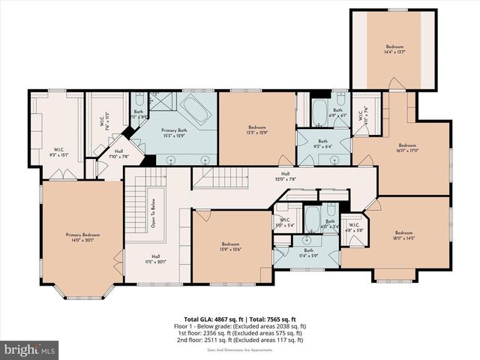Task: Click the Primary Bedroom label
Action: coord(82,237)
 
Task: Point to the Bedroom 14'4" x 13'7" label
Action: coord(394,49)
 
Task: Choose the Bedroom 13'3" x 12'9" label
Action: coord(257,130)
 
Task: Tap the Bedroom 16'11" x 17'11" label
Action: coord(407,148)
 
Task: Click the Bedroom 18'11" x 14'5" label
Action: coord(404,235)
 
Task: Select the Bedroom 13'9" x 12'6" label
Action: coord(230,247)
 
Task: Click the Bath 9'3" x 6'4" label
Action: coord(322,143)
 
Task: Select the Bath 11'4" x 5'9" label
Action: coord(308,252)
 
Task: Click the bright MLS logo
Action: coord(30,349)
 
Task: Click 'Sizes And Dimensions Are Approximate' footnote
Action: coord(240,348)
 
